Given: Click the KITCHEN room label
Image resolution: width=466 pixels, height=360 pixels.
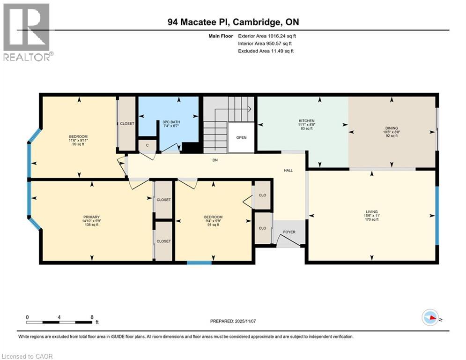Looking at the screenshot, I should point(307,121).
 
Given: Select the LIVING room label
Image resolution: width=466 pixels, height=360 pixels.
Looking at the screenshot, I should point(372,211).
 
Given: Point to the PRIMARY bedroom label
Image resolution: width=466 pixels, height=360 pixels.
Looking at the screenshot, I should point(92,217).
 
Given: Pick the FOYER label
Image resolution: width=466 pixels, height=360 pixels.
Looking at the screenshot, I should point(289,232).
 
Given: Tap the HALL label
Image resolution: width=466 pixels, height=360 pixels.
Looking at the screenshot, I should point(288,170).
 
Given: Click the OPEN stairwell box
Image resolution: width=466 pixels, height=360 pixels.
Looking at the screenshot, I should point(241,137).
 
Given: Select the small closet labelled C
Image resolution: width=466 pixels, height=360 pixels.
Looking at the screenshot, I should point(147,145).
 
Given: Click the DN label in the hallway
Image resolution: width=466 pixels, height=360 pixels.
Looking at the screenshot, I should point(215,160).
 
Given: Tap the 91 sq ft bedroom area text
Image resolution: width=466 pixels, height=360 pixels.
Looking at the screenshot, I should point(213,225).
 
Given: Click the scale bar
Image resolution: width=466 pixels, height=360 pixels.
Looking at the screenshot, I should point(59,322).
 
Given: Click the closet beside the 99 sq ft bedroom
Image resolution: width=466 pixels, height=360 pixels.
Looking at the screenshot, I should point(126,124).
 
